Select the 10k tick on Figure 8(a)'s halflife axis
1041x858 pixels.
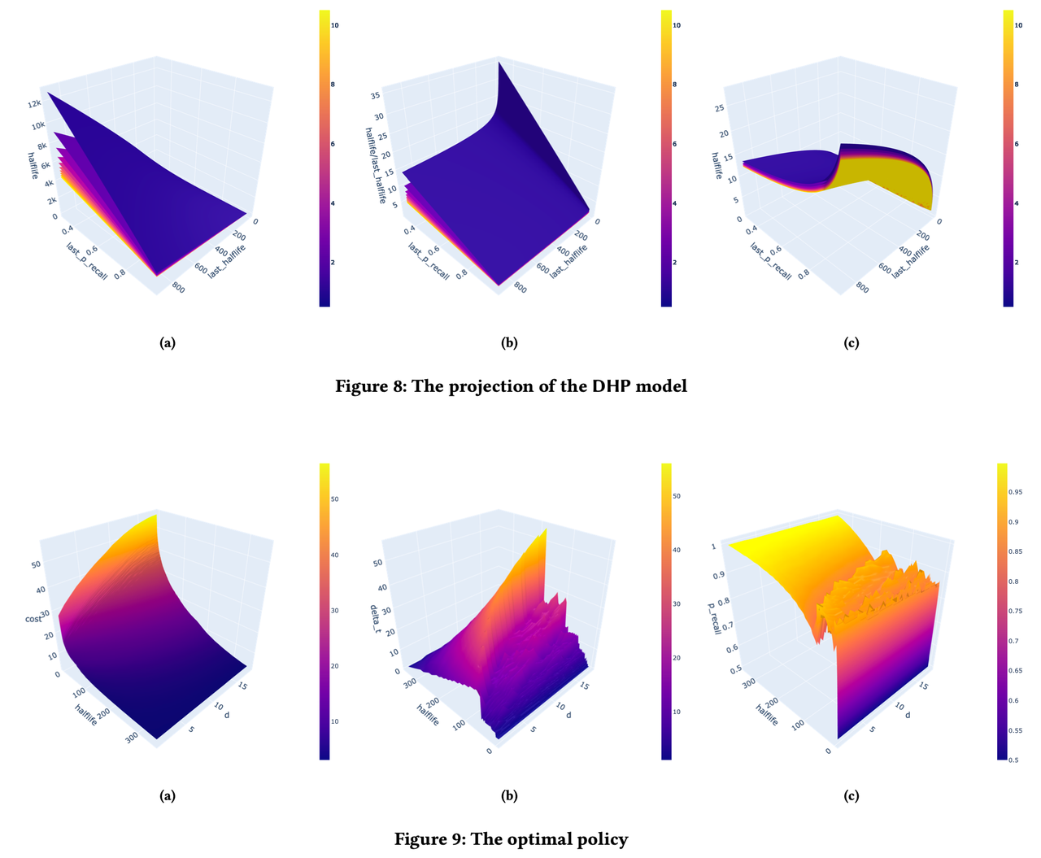[x=38, y=126]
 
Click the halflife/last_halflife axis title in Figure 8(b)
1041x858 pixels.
[x=372, y=155]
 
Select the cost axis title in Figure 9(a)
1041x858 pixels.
[x=33, y=619]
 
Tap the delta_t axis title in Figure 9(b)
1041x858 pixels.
[x=374, y=620]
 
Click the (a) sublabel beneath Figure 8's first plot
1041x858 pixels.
[x=167, y=342]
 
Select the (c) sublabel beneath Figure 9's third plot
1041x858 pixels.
[x=851, y=795]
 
